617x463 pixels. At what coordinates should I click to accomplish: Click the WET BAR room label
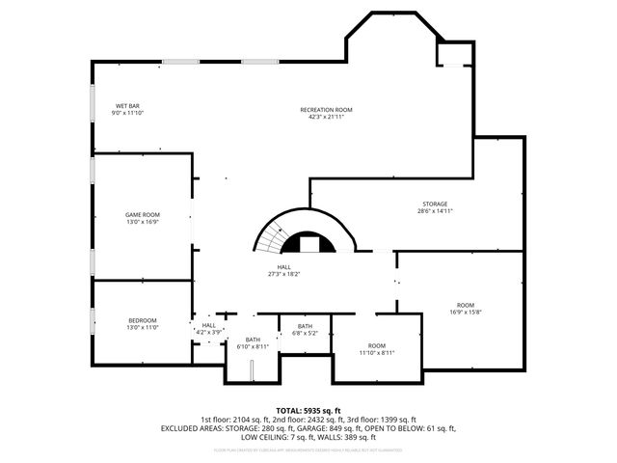[x=127, y=106]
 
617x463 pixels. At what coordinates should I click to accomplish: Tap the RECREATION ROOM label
[x=326, y=111]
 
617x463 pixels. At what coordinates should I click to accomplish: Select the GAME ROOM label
[x=142, y=214]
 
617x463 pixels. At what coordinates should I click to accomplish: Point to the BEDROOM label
[x=142, y=320]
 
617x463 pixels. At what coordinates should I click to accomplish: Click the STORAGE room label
[x=434, y=204]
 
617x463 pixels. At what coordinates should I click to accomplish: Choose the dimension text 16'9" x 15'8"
[x=465, y=312]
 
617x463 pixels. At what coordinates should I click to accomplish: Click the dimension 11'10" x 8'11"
[x=376, y=353]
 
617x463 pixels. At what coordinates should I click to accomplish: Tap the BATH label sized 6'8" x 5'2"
[x=305, y=326]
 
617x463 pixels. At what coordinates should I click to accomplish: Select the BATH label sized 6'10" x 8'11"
[x=253, y=340]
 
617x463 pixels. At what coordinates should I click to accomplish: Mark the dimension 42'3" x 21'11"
[x=326, y=118]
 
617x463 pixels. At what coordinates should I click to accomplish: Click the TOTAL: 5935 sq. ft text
[x=308, y=410]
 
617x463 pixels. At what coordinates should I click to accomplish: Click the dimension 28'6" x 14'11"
[x=434, y=211]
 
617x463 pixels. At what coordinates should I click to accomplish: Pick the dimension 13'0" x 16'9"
[x=142, y=222]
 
